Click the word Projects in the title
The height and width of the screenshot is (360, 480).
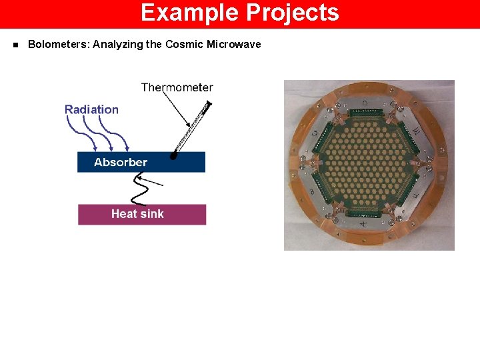tap(293, 13)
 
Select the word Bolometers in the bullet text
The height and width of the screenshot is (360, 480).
tap(58, 45)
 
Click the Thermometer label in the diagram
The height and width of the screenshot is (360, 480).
tap(177, 87)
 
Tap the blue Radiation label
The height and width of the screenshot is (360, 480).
tap(91, 109)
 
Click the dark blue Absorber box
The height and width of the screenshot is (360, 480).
tap(141, 162)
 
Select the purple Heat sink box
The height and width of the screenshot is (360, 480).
tap(142, 214)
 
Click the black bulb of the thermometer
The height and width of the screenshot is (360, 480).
tap(174, 155)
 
